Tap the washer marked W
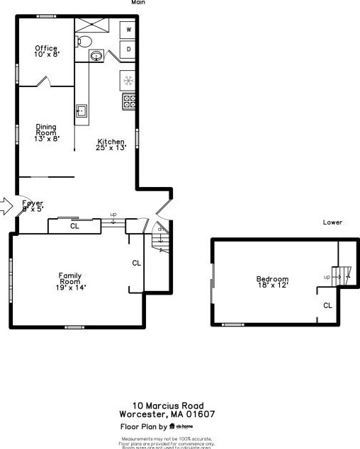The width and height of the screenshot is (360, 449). click(129, 30)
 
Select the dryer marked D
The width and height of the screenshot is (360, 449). click(129, 50)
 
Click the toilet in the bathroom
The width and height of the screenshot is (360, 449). click(84, 40)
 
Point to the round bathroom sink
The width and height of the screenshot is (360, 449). click(96, 55)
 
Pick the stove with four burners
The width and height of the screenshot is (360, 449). click(129, 101)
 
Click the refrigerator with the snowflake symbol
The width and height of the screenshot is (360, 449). click(128, 79)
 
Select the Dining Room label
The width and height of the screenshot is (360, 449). click(47, 132)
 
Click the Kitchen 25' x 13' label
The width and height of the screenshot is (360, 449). click(112, 144)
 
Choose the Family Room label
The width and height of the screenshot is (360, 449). click(70, 281)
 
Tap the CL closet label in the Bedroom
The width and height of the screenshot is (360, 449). click(327, 305)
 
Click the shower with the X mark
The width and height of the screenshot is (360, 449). click(94, 23)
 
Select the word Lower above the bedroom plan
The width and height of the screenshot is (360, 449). click(332, 222)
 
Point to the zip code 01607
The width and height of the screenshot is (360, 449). click(201, 414)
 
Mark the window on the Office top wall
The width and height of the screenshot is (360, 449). click(47, 16)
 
